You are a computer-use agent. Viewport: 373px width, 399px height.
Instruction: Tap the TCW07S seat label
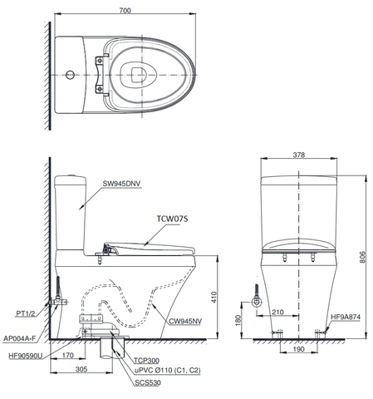click(173, 220)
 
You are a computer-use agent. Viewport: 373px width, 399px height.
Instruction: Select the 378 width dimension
click(299, 155)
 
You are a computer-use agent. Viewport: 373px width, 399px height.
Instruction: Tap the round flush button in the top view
click(69, 76)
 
